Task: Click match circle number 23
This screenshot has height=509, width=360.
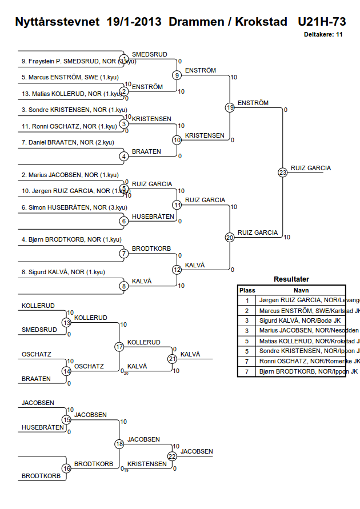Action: (x=282, y=173)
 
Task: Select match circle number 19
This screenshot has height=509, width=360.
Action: (x=230, y=107)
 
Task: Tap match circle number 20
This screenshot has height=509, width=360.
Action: (x=230, y=237)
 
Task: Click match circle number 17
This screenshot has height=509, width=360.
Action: (x=119, y=347)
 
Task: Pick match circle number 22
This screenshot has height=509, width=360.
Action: (x=173, y=456)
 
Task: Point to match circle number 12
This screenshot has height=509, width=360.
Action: (x=177, y=270)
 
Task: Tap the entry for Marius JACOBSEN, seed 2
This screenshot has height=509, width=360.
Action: (x=70, y=175)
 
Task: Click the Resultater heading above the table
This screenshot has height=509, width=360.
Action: (x=291, y=279)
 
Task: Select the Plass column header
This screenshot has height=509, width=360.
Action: (x=247, y=290)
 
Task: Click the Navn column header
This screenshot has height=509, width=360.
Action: (x=301, y=290)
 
